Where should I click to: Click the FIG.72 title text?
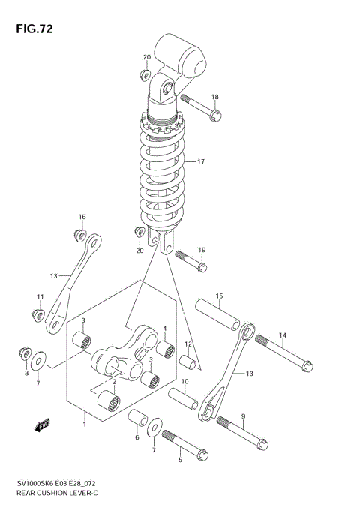(32, 29)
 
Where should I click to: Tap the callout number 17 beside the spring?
(200, 162)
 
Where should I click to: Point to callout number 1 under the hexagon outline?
(85, 425)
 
